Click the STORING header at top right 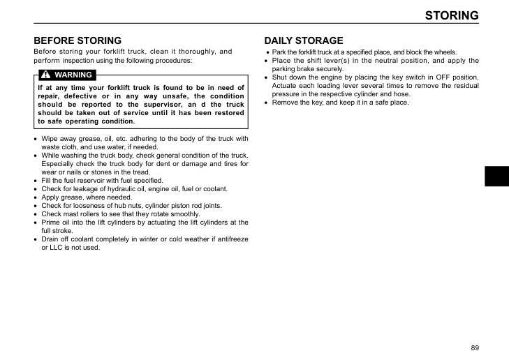pyautogui.click(x=452, y=15)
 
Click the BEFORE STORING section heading pyautogui.click(x=78, y=40)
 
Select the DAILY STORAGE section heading pyautogui.click(x=304, y=40)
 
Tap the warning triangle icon pyautogui.click(x=45, y=75)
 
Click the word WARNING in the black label pyautogui.click(x=73, y=75)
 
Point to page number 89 pyautogui.click(x=475, y=347)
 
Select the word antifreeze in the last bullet pyautogui.click(x=230, y=239)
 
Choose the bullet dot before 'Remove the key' pyautogui.click(x=267, y=103)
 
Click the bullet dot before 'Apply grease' pyautogui.click(x=36, y=197)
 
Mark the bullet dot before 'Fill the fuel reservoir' pyautogui.click(x=36, y=181)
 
